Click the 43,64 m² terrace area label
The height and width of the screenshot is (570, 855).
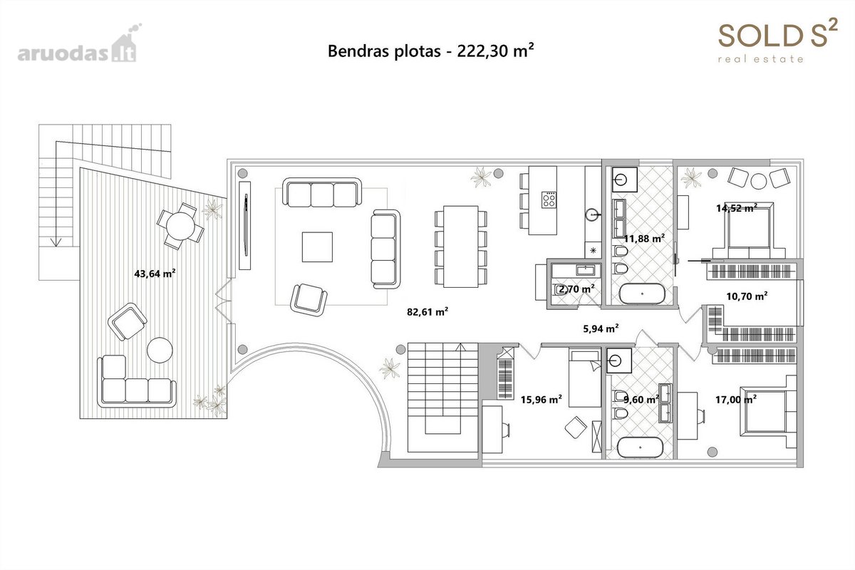click(155, 274)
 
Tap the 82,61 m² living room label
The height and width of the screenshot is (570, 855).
click(427, 312)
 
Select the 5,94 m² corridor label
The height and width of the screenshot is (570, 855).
click(601, 328)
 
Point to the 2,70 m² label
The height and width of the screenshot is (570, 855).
click(576, 289)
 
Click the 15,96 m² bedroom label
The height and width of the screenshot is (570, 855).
click(541, 399)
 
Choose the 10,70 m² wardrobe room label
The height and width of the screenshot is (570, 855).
click(747, 296)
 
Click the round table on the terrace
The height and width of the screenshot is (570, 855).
click(180, 226)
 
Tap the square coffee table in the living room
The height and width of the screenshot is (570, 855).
click(317, 247)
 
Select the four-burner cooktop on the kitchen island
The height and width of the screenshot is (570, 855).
click(549, 199)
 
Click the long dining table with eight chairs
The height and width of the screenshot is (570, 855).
click(461, 247)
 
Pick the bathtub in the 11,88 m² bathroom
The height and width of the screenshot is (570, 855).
click(642, 294)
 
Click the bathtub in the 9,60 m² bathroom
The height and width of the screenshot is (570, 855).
click(640, 447)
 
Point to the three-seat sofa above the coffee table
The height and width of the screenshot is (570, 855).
click(322, 192)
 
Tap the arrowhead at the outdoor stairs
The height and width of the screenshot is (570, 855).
click(56, 242)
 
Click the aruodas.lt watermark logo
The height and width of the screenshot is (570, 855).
click(79, 43)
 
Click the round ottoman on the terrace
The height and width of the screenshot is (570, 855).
click(160, 350)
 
